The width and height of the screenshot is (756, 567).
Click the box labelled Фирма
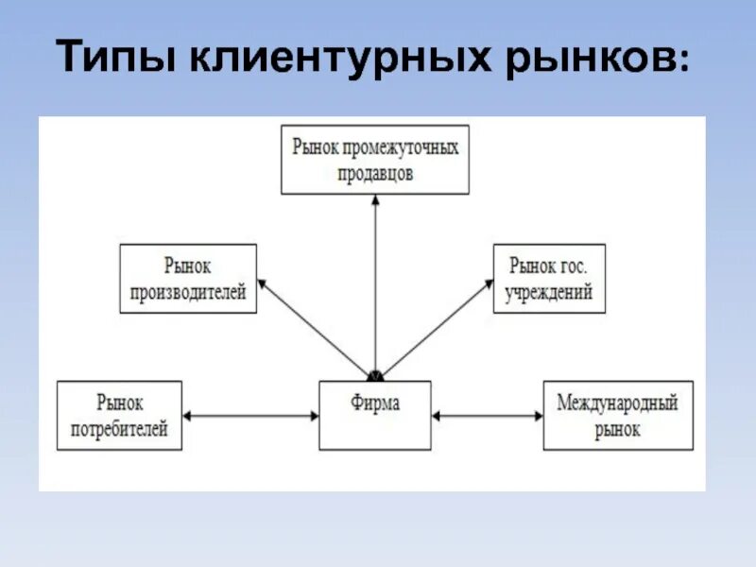(x=374, y=415)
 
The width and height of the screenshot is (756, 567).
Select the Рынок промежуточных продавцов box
(x=375, y=161)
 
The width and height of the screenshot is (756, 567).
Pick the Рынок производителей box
(x=188, y=278)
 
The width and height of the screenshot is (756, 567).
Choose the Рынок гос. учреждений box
(x=549, y=278)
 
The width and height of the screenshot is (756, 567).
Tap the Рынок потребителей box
(x=119, y=415)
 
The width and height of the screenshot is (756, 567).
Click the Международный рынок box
(x=617, y=415)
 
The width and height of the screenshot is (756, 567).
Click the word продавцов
(x=375, y=174)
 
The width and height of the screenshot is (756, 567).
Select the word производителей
(x=188, y=292)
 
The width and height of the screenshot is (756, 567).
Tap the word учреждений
(x=549, y=292)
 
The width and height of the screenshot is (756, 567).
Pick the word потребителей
(x=119, y=429)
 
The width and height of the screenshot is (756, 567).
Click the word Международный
(x=617, y=403)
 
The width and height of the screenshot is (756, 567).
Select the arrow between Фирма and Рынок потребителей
(x=250, y=415)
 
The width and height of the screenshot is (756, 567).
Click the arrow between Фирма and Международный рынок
(x=487, y=415)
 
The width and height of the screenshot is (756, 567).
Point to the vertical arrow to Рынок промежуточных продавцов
(x=375, y=283)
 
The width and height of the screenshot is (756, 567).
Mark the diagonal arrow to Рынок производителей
(x=312, y=325)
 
